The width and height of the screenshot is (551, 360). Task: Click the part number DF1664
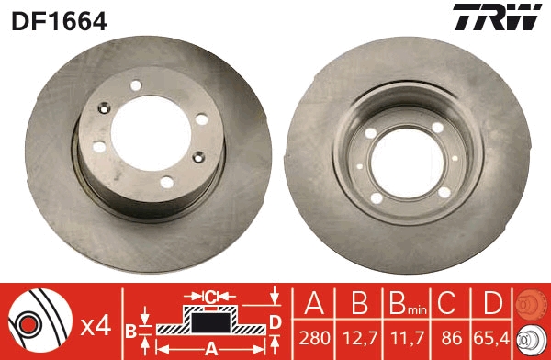[59, 21]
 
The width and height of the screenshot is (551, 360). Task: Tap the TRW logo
[497, 17]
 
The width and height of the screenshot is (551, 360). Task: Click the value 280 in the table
[314, 338]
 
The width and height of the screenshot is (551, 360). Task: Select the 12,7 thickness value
[360, 338]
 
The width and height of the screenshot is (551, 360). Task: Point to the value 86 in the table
[452, 338]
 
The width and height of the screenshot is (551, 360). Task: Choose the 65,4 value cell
[491, 338]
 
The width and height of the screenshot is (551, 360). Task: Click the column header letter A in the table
[314, 303]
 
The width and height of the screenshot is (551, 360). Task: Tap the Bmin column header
[408, 303]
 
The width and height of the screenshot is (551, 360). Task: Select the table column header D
[492, 303]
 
